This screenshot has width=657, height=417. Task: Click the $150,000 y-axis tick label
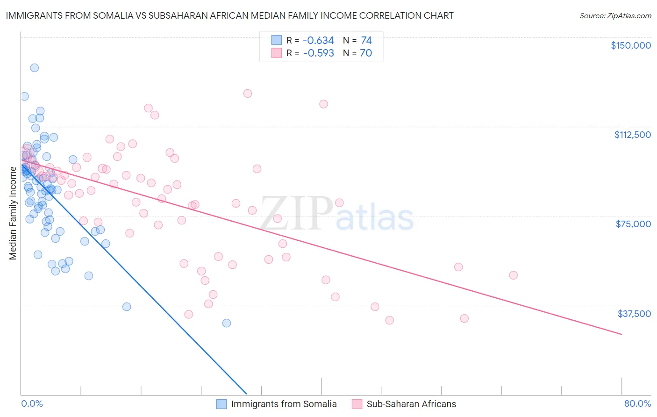pos(630,45)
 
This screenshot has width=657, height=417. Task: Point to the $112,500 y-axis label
pos(632,135)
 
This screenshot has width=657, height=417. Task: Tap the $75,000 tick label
pos(633,224)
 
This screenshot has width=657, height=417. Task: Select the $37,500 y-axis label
pos(634,314)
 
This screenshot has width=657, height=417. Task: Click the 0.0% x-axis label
pos(32,403)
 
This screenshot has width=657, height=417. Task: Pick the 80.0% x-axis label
pos(637,403)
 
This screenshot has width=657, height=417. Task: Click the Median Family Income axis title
pos(13,213)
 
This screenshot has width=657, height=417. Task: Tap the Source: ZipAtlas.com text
pos(615,16)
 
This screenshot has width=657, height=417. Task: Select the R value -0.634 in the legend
pos(318,41)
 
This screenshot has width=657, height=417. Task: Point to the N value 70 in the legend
pos(366,53)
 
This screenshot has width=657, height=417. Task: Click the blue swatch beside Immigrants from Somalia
pos(221,404)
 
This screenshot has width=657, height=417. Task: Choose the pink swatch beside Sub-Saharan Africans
pos(357,404)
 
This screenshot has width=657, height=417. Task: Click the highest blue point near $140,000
pos(34,68)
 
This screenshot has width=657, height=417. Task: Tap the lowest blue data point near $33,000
pos(227,323)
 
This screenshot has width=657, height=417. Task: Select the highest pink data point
pos(248,93)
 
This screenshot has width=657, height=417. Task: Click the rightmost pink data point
pos(513,275)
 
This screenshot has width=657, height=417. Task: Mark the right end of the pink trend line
pos(621,334)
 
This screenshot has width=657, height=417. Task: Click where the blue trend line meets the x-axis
pos(246,394)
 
